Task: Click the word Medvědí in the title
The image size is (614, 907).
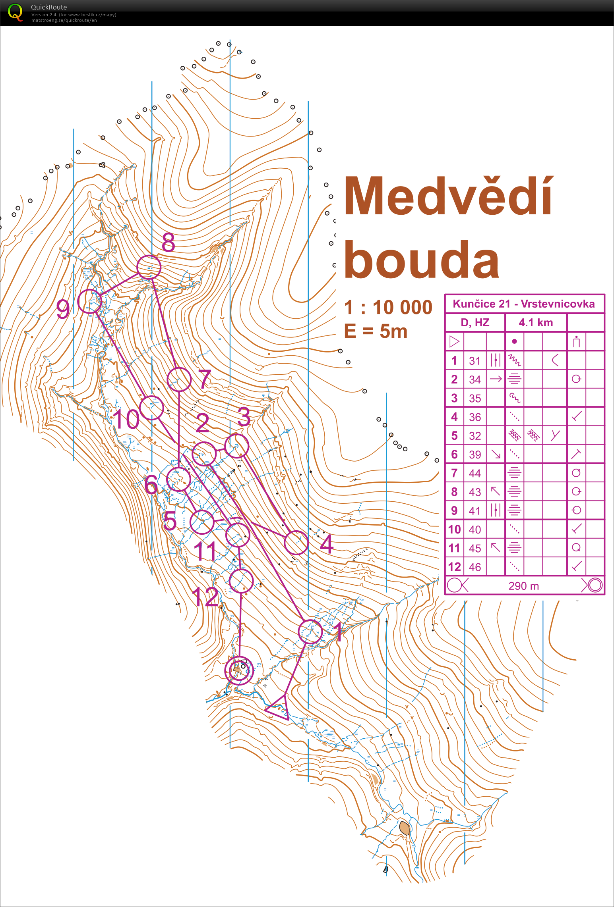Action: point(448,197)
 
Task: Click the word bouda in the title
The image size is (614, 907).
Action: point(421,260)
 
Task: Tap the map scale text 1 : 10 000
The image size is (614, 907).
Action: point(388,308)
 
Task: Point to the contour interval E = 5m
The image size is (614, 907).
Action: point(376,331)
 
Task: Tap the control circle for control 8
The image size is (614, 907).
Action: point(149,267)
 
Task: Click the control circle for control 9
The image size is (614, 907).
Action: point(89,302)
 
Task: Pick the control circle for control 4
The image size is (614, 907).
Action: point(296,543)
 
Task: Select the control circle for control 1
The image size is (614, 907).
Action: point(310,632)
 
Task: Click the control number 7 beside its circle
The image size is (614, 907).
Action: point(205,379)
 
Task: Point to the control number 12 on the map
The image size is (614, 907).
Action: point(205,597)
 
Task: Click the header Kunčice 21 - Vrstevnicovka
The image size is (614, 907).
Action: point(524,304)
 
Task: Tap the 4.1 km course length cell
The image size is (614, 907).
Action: point(536,323)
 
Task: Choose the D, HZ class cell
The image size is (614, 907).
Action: point(475,323)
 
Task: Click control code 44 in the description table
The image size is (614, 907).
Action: point(475,473)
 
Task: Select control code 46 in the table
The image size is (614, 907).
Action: point(475,567)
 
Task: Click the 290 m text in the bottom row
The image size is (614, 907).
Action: point(524,586)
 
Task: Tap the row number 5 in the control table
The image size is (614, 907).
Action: point(454,436)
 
